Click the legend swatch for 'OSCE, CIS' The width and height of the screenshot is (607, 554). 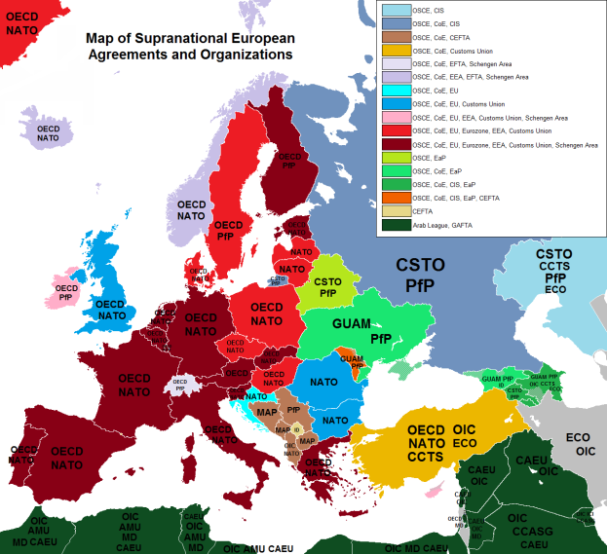point(395,12)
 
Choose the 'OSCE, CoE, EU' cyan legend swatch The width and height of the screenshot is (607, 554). point(395,89)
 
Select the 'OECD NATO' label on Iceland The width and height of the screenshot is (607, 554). point(48,133)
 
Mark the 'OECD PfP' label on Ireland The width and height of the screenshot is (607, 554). point(65,293)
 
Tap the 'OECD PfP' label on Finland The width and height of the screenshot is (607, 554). point(289,161)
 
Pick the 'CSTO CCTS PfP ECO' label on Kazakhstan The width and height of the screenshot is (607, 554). point(553,270)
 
